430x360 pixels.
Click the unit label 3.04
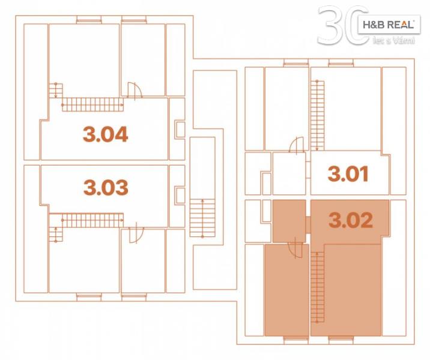[x=105, y=134]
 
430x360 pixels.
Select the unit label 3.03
[x=106, y=187]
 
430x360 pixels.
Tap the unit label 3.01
[x=348, y=174]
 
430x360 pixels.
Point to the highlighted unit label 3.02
[x=351, y=220]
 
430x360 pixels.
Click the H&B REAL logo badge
[x=389, y=25]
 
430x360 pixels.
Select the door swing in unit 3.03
[x=136, y=235]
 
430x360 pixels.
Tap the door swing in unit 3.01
[x=297, y=145]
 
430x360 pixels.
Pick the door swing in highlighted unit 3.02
[x=295, y=250]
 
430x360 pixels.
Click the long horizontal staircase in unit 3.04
[x=92, y=104]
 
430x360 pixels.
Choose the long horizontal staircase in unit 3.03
[x=92, y=220]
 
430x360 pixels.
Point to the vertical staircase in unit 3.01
[x=317, y=116]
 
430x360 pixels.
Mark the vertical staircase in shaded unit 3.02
[x=318, y=287]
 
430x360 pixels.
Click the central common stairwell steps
[x=202, y=218]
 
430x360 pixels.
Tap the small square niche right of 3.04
[x=180, y=130]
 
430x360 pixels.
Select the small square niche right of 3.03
[x=180, y=195]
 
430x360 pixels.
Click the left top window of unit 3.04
[x=89, y=19]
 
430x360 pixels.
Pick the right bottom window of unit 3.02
[x=341, y=340]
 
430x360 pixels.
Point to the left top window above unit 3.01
[x=296, y=63]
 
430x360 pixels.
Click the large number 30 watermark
[x=343, y=25]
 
